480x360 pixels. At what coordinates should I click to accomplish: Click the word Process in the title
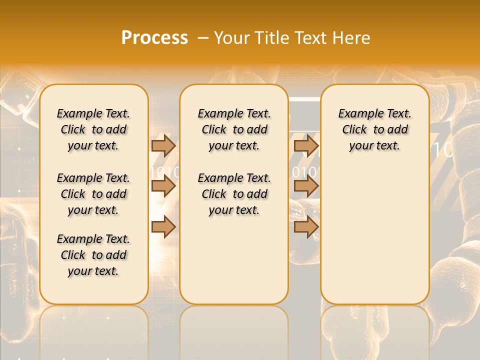[x=154, y=38]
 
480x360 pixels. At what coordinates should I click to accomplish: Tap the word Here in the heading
[x=350, y=38]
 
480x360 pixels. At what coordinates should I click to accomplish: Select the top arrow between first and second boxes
[x=163, y=145]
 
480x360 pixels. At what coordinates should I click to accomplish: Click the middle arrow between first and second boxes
[x=163, y=186]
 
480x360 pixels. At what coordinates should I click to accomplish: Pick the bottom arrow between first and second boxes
[x=163, y=227]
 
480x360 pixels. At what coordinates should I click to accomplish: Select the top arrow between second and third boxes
[x=306, y=145]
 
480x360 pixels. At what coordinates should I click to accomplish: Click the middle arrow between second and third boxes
[x=306, y=186]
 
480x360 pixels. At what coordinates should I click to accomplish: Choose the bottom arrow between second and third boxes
[x=306, y=227]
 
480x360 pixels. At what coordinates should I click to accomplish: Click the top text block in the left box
[x=93, y=129]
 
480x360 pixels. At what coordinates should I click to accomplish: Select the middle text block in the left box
[x=93, y=194]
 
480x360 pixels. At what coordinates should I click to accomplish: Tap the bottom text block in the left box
[x=93, y=255]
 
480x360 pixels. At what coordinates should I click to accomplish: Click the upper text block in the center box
[x=234, y=129]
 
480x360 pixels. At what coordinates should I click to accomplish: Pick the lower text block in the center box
[x=234, y=194]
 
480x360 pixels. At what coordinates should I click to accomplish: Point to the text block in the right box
[x=375, y=129]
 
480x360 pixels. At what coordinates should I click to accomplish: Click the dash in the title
[x=203, y=38]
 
